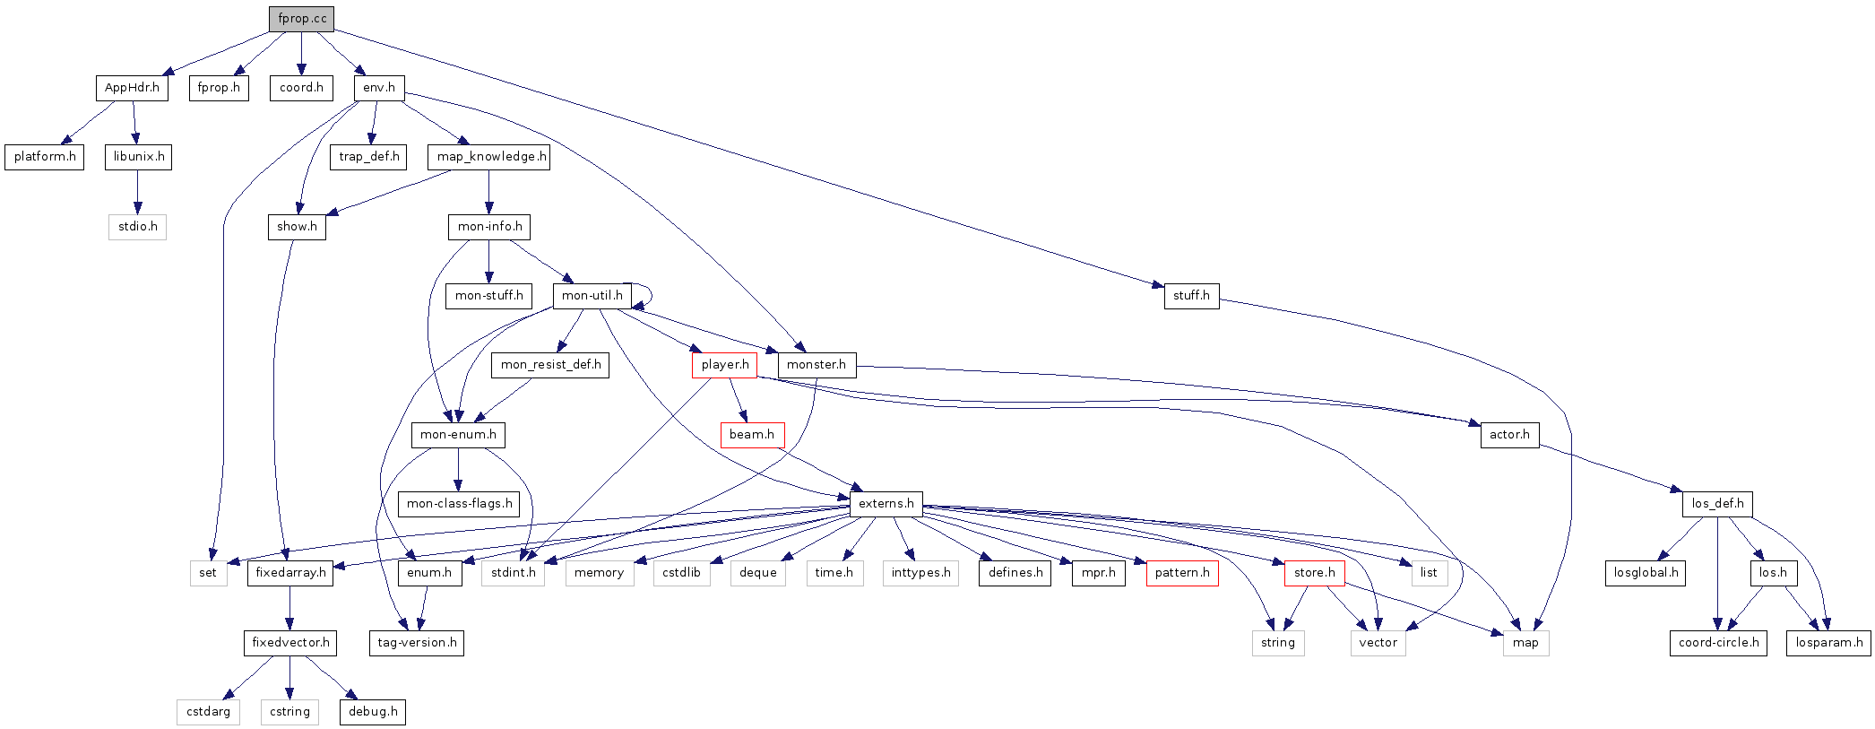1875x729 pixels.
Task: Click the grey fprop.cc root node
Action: [x=301, y=19]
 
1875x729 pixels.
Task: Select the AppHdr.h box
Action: [x=132, y=88]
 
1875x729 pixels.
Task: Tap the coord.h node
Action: [x=301, y=88]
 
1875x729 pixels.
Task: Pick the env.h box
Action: [x=378, y=88]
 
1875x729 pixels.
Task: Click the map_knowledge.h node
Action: [x=488, y=157]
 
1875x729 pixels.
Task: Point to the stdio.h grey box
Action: [x=137, y=227]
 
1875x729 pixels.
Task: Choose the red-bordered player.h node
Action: [x=724, y=365]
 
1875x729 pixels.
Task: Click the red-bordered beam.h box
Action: [x=751, y=435]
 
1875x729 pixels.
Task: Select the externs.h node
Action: [x=886, y=504]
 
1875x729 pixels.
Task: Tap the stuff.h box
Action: [x=1191, y=296]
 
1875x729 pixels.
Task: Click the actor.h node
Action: [x=1509, y=435]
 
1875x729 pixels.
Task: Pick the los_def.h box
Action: [x=1717, y=504]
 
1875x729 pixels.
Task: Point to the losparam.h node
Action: [x=1828, y=643]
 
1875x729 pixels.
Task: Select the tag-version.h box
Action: [x=417, y=643]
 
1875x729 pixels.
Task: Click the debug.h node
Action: [x=372, y=712]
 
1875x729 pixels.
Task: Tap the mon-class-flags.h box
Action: [x=459, y=504]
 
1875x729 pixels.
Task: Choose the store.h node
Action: [x=1314, y=573]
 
